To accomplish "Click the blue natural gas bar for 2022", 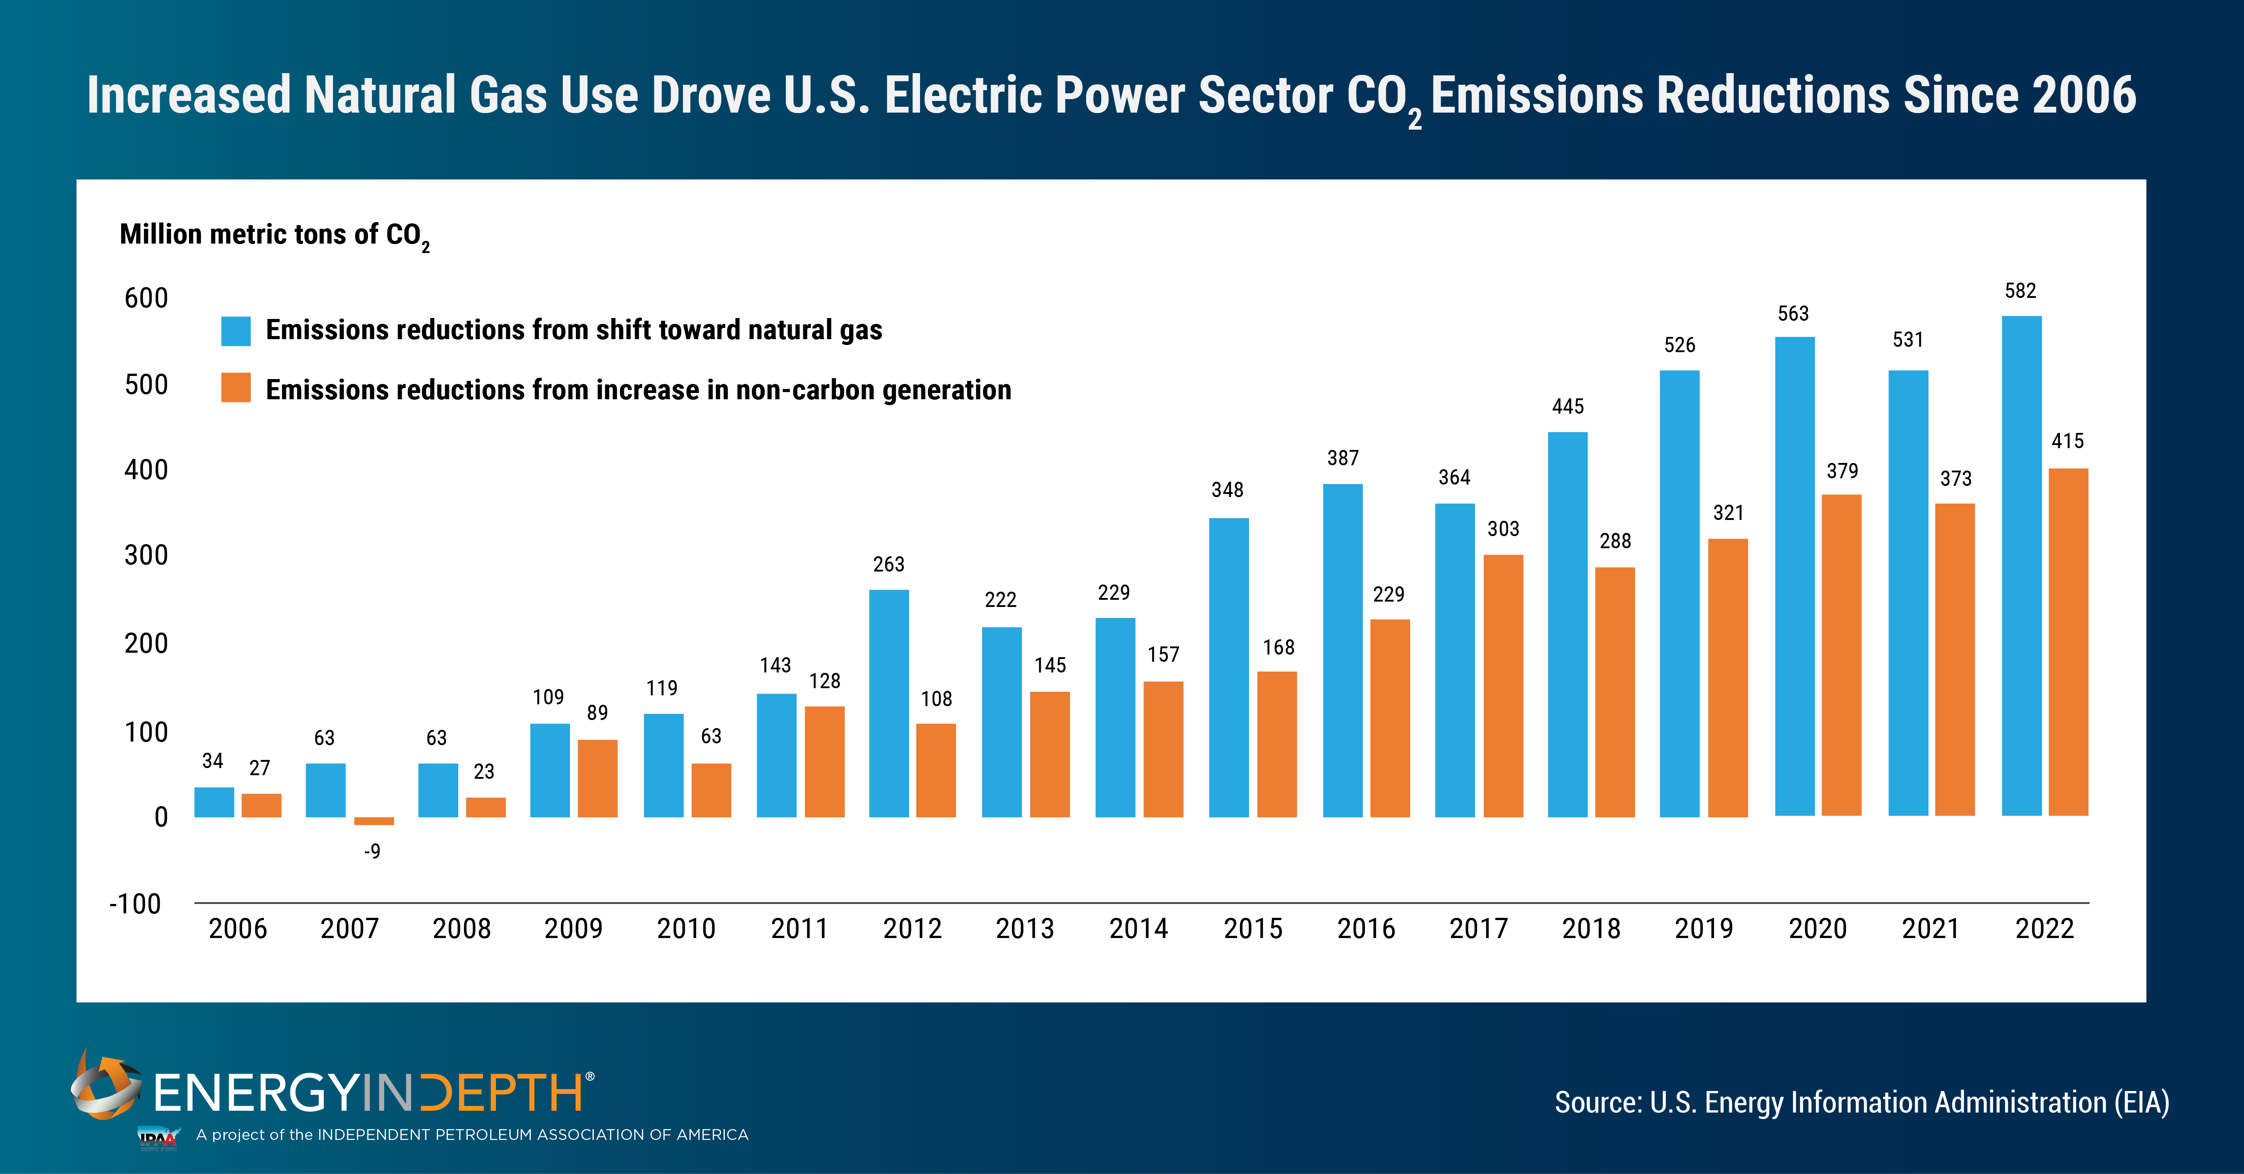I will [x=2021, y=566].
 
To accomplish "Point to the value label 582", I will [x=2020, y=291].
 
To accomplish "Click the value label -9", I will [x=372, y=851].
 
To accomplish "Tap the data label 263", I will [x=889, y=564].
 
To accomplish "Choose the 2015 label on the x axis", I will [x=1253, y=929].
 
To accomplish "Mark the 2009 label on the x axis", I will [x=573, y=929].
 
